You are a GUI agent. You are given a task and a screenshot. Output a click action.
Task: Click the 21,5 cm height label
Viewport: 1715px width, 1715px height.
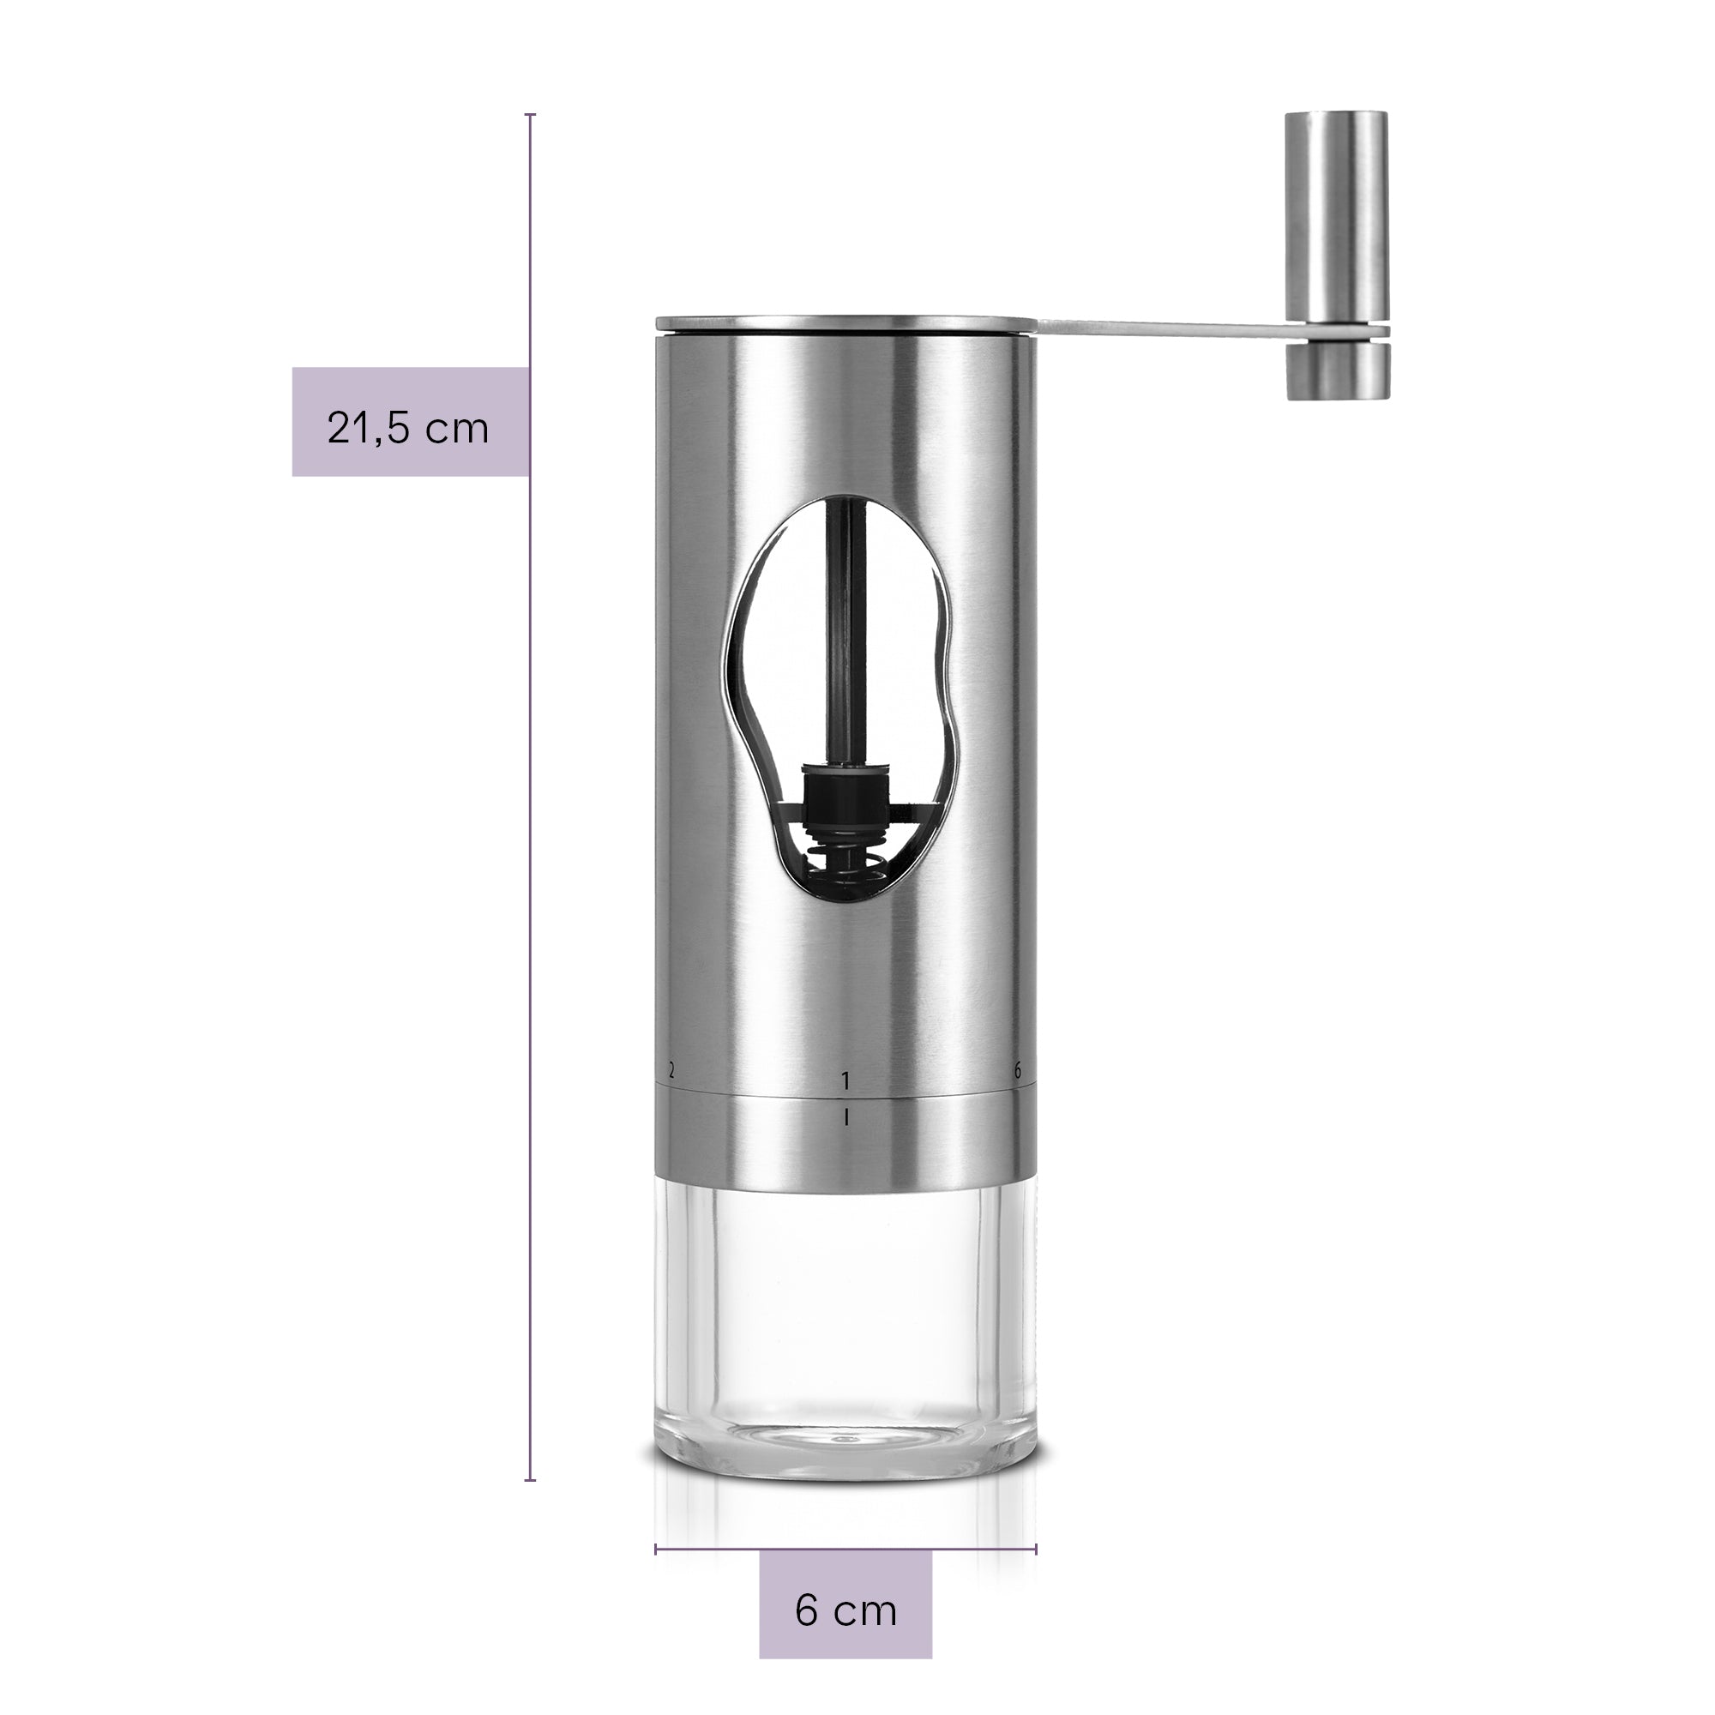(x=408, y=428)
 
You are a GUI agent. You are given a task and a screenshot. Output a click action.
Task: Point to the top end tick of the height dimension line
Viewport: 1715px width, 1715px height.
(x=530, y=115)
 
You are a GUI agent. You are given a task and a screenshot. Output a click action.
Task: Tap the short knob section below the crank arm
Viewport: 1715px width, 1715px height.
(x=1337, y=370)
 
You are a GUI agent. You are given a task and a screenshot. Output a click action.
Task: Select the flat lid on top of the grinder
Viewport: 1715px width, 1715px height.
(x=846, y=324)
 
